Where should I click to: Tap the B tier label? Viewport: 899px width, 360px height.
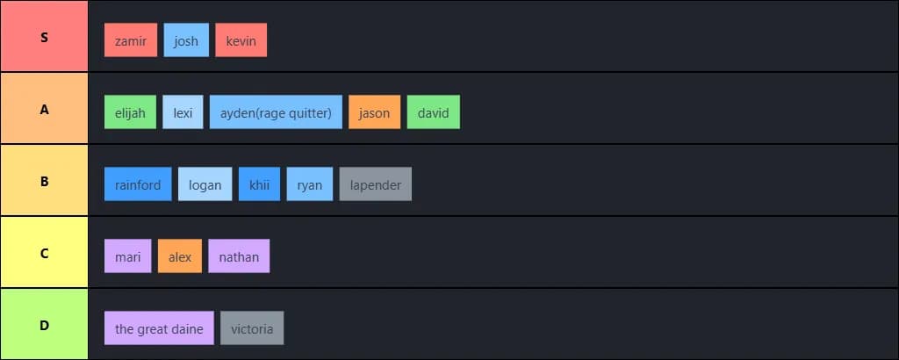coord(44,182)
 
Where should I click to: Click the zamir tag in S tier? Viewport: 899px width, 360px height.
coord(131,40)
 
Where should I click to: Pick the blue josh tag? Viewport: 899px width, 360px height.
coord(186,40)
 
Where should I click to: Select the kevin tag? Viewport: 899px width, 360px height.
coord(241,40)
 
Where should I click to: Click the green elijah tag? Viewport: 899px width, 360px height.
coord(131,112)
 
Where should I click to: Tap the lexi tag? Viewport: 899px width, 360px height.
coord(183,112)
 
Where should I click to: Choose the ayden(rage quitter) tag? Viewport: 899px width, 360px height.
coord(276,112)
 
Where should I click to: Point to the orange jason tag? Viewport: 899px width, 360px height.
coord(374,112)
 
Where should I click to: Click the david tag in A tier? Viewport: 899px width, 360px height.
coord(434,112)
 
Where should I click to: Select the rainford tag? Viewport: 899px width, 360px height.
coord(138,184)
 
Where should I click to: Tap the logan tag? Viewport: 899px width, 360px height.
coord(205,184)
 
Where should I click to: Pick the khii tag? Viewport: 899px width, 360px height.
coord(259,184)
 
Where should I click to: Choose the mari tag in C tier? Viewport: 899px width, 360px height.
coord(127,256)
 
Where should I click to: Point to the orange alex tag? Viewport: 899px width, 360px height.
coord(180,256)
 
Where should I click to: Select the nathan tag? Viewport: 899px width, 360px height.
coord(239,256)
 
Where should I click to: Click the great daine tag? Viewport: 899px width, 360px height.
coord(159,328)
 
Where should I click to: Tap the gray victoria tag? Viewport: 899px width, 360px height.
coord(252,328)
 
